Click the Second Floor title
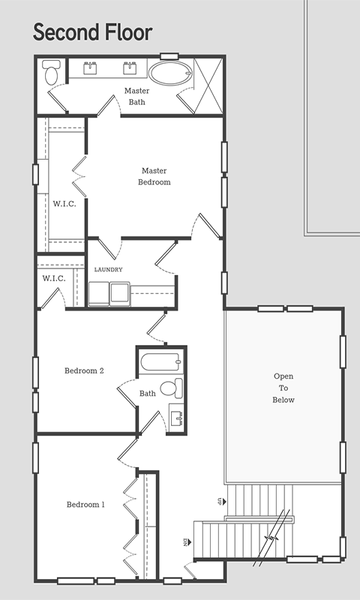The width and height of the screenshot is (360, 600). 92,32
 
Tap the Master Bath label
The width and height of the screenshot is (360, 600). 136,97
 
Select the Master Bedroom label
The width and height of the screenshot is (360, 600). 154,176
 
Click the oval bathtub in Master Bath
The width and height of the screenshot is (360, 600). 170,73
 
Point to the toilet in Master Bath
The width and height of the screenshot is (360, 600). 50,72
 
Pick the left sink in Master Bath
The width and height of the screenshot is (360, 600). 90,68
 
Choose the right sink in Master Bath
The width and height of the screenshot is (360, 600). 130,68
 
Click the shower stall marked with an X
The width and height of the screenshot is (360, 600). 208,85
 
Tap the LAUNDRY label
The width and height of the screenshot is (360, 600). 108,270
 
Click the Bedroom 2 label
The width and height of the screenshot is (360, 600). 84,370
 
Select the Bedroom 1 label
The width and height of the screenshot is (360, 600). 85,505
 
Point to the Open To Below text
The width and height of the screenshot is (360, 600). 283,388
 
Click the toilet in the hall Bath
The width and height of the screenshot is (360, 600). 172,387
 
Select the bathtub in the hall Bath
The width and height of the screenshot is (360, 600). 161,362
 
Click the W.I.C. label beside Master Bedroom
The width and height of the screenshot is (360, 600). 64,204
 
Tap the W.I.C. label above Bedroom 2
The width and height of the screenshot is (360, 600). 53,278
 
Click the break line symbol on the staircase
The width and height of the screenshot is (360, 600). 271,538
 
